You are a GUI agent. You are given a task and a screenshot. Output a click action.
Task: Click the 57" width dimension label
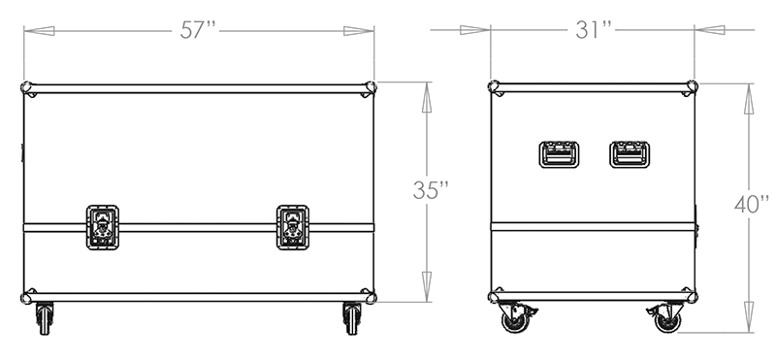[x=199, y=30]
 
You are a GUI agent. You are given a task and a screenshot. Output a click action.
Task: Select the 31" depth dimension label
[x=594, y=30]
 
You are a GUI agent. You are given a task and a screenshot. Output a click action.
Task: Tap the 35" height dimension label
[x=431, y=190]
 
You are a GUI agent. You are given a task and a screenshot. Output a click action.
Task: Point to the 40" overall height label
[x=752, y=205]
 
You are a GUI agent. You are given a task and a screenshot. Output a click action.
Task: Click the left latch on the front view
[x=103, y=227]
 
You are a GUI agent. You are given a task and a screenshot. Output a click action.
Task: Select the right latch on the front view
[x=293, y=227]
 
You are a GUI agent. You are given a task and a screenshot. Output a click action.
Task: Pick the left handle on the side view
[x=559, y=154]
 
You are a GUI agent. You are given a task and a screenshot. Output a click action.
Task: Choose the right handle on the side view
[x=630, y=154]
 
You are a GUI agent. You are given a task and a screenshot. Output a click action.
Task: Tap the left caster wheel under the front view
[x=45, y=318]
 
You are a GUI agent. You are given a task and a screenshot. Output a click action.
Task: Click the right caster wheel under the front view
[x=352, y=318]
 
